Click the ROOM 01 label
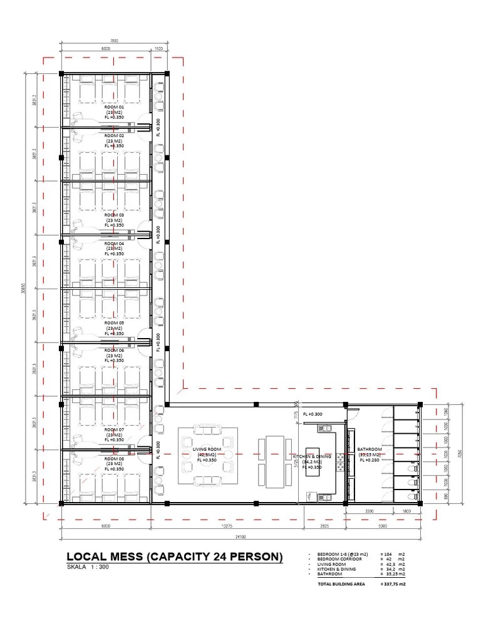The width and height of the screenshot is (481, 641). tap(114, 107)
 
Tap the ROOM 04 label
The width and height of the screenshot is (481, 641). tap(114, 244)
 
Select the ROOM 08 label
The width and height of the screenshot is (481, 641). tap(114, 458)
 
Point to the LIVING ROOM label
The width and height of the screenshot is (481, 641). tap(207, 449)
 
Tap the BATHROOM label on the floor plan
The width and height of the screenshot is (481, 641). tap(370, 449)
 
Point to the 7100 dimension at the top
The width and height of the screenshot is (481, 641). tap(115, 41)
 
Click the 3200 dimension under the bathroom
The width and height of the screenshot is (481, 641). tap(370, 511)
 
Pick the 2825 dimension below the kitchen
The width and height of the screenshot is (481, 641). tap(324, 526)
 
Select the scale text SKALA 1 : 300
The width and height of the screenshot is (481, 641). tap(91, 568)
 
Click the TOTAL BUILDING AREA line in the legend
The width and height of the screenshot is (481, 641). tap(342, 584)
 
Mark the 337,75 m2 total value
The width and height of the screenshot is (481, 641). tap(393, 584)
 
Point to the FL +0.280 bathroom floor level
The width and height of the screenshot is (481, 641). tap(371, 460)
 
